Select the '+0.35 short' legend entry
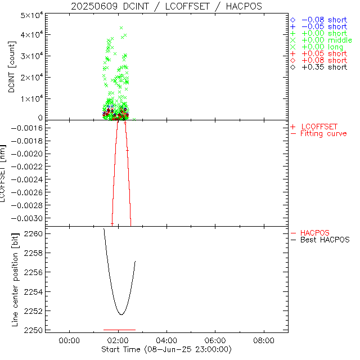click(x=323, y=67)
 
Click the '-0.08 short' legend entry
click(x=323, y=20)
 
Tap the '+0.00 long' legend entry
click(x=323, y=47)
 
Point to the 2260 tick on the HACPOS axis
click(x=33, y=233)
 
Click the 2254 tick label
click(x=33, y=291)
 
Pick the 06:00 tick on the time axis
click(x=215, y=340)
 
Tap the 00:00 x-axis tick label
click(x=69, y=340)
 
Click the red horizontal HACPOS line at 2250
click(x=119, y=330)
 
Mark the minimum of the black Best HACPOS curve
click(x=121, y=314)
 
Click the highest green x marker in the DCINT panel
click(x=121, y=28)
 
